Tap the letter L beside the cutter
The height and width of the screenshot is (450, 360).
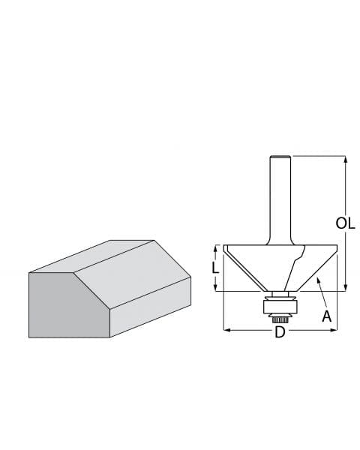point(214,268)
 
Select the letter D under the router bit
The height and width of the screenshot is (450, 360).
point(280,331)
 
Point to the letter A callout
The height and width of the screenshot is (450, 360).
point(326,316)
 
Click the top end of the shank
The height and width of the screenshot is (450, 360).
point(279,157)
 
